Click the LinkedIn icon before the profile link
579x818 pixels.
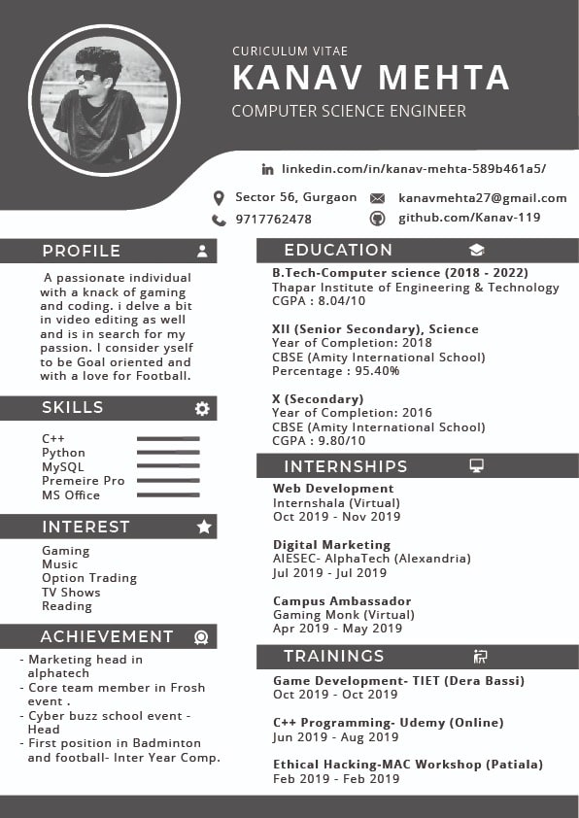pyautogui.click(x=268, y=169)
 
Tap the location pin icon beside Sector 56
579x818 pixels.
pyautogui.click(x=219, y=198)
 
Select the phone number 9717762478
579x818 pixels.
pyautogui.click(x=273, y=220)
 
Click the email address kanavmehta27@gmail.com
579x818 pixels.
pyautogui.click(x=482, y=198)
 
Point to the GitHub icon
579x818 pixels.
pyautogui.click(x=378, y=219)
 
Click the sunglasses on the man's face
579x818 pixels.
pyautogui.click(x=86, y=75)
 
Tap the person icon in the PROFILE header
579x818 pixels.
pyautogui.click(x=202, y=251)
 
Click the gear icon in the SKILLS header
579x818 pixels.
pyautogui.click(x=202, y=408)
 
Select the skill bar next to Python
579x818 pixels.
pyautogui.click(x=168, y=453)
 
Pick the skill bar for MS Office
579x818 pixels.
pyautogui.click(x=168, y=495)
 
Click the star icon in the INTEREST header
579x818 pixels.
pyautogui.click(x=204, y=527)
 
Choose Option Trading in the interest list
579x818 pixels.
pyautogui.click(x=89, y=578)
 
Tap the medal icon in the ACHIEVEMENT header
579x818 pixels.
pyautogui.click(x=201, y=637)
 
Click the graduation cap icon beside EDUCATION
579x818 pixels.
pyautogui.click(x=476, y=251)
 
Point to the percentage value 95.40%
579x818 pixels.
pyautogui.click(x=364, y=371)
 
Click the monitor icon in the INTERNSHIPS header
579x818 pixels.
pyautogui.click(x=477, y=466)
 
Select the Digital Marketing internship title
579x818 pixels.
pyautogui.click(x=331, y=545)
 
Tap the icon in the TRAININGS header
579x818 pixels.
pyautogui.click(x=480, y=657)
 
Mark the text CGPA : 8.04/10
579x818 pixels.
pyautogui.click(x=319, y=301)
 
